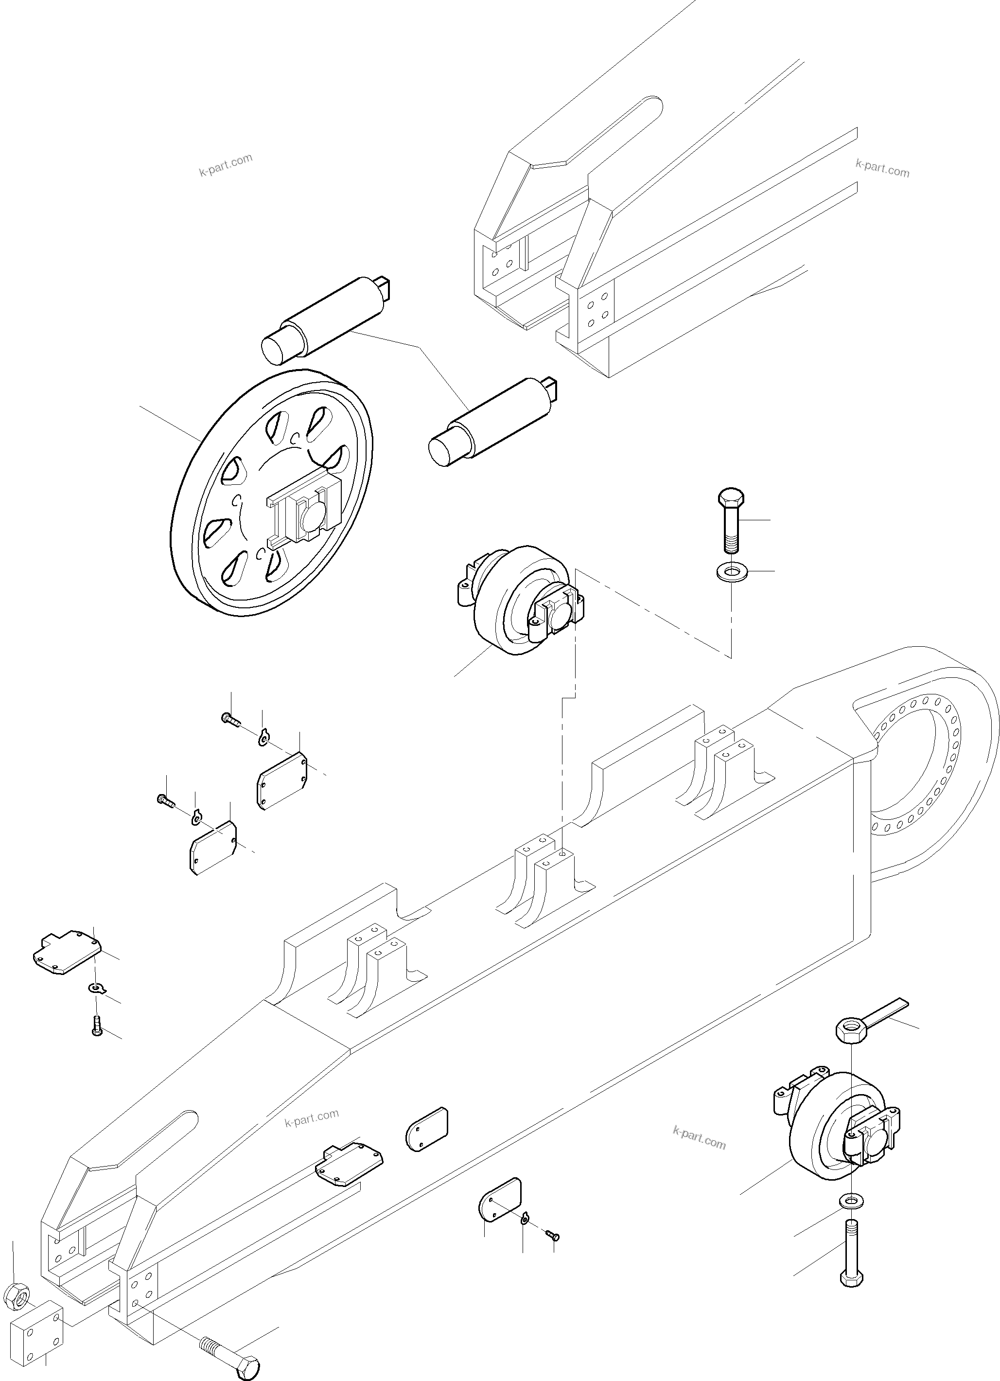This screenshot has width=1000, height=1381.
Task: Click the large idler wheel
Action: (270, 493)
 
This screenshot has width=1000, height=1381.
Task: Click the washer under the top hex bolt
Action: (731, 572)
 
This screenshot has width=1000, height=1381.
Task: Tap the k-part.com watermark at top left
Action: (225, 164)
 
